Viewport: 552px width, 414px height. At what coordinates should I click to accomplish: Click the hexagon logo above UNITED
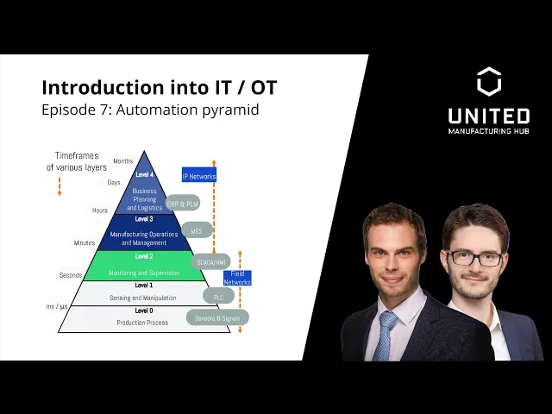[x=489, y=81]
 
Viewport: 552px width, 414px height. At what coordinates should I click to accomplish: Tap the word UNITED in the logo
[x=489, y=116]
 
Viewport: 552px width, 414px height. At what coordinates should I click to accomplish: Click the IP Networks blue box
[x=199, y=175]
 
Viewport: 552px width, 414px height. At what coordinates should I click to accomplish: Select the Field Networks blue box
[x=237, y=278]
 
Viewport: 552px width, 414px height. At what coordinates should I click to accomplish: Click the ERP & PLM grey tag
[x=183, y=204]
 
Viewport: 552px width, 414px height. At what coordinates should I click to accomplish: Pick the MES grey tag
[x=197, y=231]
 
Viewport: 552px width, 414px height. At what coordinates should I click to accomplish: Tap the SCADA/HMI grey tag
[x=211, y=261]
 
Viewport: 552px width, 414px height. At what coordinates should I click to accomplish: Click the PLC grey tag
[x=218, y=296]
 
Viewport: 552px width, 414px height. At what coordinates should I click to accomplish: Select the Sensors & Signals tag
[x=217, y=317]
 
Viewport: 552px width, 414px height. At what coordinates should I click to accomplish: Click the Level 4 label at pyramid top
[x=144, y=174]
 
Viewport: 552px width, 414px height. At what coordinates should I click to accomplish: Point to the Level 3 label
[x=144, y=219]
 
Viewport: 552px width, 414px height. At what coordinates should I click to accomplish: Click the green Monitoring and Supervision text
[x=144, y=273]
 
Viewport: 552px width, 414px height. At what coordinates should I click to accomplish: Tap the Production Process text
[x=143, y=323]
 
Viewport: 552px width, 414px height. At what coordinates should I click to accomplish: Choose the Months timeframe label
[x=122, y=161]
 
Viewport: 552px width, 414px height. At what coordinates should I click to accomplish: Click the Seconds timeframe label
[x=71, y=275]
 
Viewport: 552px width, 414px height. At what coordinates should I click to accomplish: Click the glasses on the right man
[x=475, y=258]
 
